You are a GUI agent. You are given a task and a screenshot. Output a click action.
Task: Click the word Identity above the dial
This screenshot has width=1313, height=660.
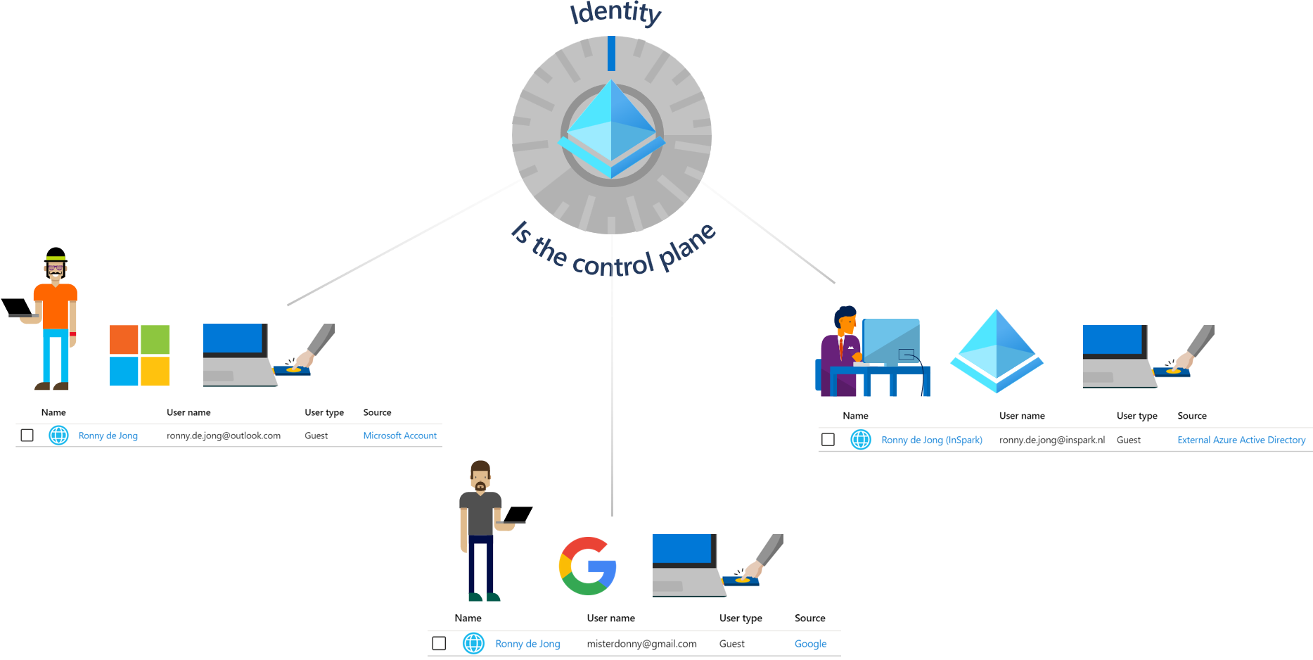coord(615,13)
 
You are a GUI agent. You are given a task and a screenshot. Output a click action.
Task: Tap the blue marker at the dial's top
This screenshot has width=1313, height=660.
coord(611,53)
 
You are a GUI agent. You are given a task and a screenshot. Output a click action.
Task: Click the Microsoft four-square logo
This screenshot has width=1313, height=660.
coord(139,355)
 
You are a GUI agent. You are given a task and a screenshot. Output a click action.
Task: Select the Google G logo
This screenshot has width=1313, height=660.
coord(588,566)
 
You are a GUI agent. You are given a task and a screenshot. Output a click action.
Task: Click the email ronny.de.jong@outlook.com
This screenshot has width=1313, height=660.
coord(224,436)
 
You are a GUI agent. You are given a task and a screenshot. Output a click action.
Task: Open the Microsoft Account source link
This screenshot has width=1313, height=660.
coord(399,436)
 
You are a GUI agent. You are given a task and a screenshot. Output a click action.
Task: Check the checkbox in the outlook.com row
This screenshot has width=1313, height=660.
coord(27,436)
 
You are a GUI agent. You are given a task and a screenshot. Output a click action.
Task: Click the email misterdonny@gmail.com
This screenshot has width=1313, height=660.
coord(641,644)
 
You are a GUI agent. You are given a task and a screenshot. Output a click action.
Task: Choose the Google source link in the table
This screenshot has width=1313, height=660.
coord(810,644)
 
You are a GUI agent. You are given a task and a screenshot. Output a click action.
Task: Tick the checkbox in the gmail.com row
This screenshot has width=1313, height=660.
coord(440,644)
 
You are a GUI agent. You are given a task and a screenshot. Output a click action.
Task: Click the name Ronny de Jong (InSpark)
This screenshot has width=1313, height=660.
coord(932,440)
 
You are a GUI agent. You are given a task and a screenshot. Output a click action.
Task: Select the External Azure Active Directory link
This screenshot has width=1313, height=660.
coord(1241,440)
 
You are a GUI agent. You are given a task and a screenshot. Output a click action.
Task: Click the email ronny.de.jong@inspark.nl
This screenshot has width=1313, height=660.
coord(1051,440)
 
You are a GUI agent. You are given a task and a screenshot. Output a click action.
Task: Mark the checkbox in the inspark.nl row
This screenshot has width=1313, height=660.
coord(828,440)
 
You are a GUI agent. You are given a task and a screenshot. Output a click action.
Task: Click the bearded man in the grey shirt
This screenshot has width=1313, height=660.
coord(481,528)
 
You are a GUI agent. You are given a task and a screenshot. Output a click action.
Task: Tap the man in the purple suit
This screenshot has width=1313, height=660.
coord(841,348)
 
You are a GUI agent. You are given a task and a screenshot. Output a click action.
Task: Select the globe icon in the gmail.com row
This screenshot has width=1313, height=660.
coord(474,643)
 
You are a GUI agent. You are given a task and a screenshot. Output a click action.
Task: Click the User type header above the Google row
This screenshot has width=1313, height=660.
coord(741,618)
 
